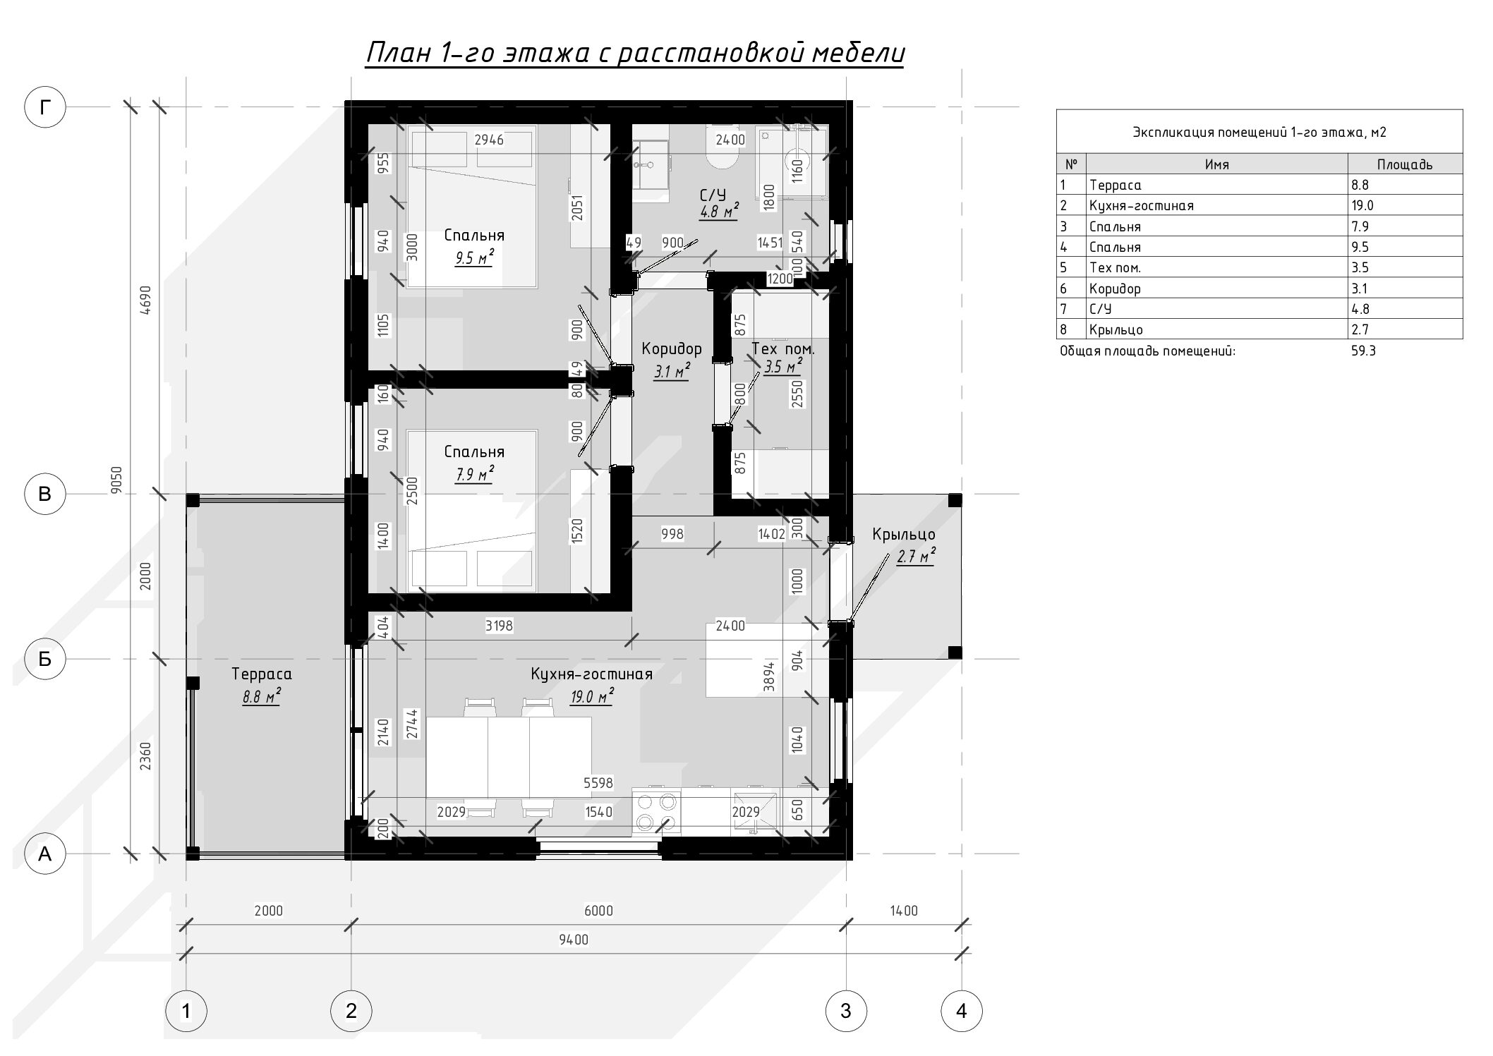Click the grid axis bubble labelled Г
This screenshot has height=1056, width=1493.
(45, 107)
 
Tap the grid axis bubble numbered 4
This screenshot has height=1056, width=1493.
(961, 1011)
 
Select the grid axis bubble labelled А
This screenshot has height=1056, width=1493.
(45, 854)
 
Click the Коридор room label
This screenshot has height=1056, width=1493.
(672, 348)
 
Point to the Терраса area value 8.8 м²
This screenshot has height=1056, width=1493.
(261, 698)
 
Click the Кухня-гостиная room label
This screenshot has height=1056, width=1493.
(591, 674)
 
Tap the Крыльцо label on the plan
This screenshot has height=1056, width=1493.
(903, 535)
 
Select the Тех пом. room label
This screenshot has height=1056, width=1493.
(783, 348)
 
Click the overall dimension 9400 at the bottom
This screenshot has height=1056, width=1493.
(573, 940)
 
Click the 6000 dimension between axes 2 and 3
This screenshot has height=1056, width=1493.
(598, 911)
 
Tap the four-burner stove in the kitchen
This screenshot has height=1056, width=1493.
(657, 811)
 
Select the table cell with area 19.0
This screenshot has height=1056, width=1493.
(1405, 205)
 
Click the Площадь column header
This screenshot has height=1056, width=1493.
(1405, 164)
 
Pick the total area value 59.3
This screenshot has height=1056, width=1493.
(1363, 351)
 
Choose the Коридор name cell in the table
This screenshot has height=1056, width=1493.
(1216, 288)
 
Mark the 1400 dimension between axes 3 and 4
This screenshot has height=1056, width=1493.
(904, 911)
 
